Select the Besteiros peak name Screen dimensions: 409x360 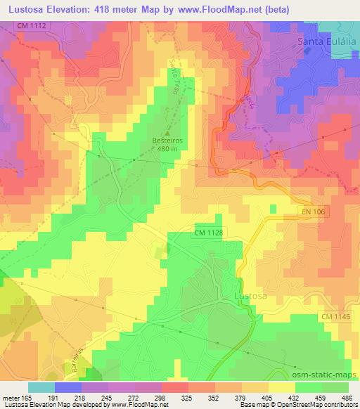[167, 139]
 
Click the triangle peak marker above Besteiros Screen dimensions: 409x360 [167, 131]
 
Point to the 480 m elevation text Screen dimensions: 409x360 [167, 148]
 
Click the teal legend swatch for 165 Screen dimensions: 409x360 [41, 387]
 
